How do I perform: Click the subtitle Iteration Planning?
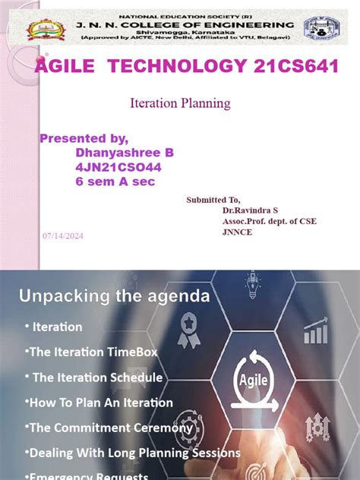[x=181, y=103]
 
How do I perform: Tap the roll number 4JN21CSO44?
[x=118, y=166]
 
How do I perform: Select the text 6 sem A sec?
[x=111, y=181]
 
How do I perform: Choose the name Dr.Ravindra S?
[x=250, y=210]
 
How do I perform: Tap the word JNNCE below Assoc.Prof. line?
[x=237, y=232]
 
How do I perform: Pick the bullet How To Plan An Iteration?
[x=99, y=403]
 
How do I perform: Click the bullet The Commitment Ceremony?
[x=109, y=428]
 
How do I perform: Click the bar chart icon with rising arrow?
[x=315, y=331]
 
